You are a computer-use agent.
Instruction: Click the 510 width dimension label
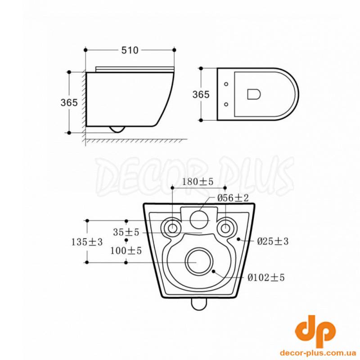(x=130, y=50)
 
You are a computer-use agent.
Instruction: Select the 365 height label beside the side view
(x=69, y=103)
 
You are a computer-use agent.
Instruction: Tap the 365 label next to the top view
(x=201, y=94)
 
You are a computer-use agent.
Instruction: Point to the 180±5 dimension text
(x=198, y=182)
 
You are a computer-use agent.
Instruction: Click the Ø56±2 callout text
(x=233, y=198)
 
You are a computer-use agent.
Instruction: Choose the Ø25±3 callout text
(x=273, y=241)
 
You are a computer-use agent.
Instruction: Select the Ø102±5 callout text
(x=266, y=278)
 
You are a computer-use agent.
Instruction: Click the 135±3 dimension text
(x=87, y=242)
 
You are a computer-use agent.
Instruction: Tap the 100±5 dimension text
(x=126, y=251)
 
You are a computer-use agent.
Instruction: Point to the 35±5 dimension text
(x=126, y=232)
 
